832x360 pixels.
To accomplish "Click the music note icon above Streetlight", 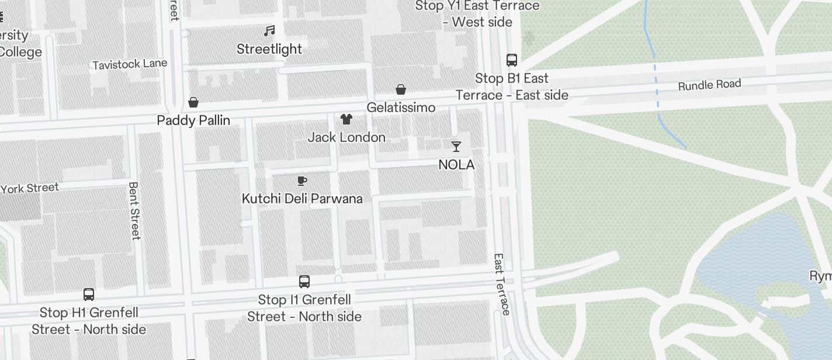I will point(269,30).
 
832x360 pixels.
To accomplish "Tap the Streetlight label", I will point(269,49).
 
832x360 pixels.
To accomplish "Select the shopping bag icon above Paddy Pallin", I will point(193,103).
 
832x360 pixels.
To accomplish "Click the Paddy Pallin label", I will point(193,120).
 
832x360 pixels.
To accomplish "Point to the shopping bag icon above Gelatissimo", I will point(401,89).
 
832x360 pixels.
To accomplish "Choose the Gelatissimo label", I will point(401,108).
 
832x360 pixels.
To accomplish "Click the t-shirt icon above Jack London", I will point(346,119).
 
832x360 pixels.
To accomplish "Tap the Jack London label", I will point(346,137).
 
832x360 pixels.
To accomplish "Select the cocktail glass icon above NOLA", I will point(456,146).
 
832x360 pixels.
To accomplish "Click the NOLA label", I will point(456,165).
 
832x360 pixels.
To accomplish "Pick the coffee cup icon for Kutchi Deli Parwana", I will point(302,181).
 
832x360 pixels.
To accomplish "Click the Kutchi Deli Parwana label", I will point(302,199).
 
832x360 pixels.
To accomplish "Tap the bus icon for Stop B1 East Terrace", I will point(512,60).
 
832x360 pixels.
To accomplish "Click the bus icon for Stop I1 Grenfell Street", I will point(304,282).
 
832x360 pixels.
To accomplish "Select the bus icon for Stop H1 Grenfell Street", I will point(89,295).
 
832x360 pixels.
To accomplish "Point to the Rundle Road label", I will point(709,85).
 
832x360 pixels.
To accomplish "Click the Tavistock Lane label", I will point(130,64).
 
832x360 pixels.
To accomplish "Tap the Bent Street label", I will point(134,211).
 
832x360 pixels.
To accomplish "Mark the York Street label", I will point(30,188).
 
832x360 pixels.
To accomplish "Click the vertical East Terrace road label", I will point(501,284).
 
